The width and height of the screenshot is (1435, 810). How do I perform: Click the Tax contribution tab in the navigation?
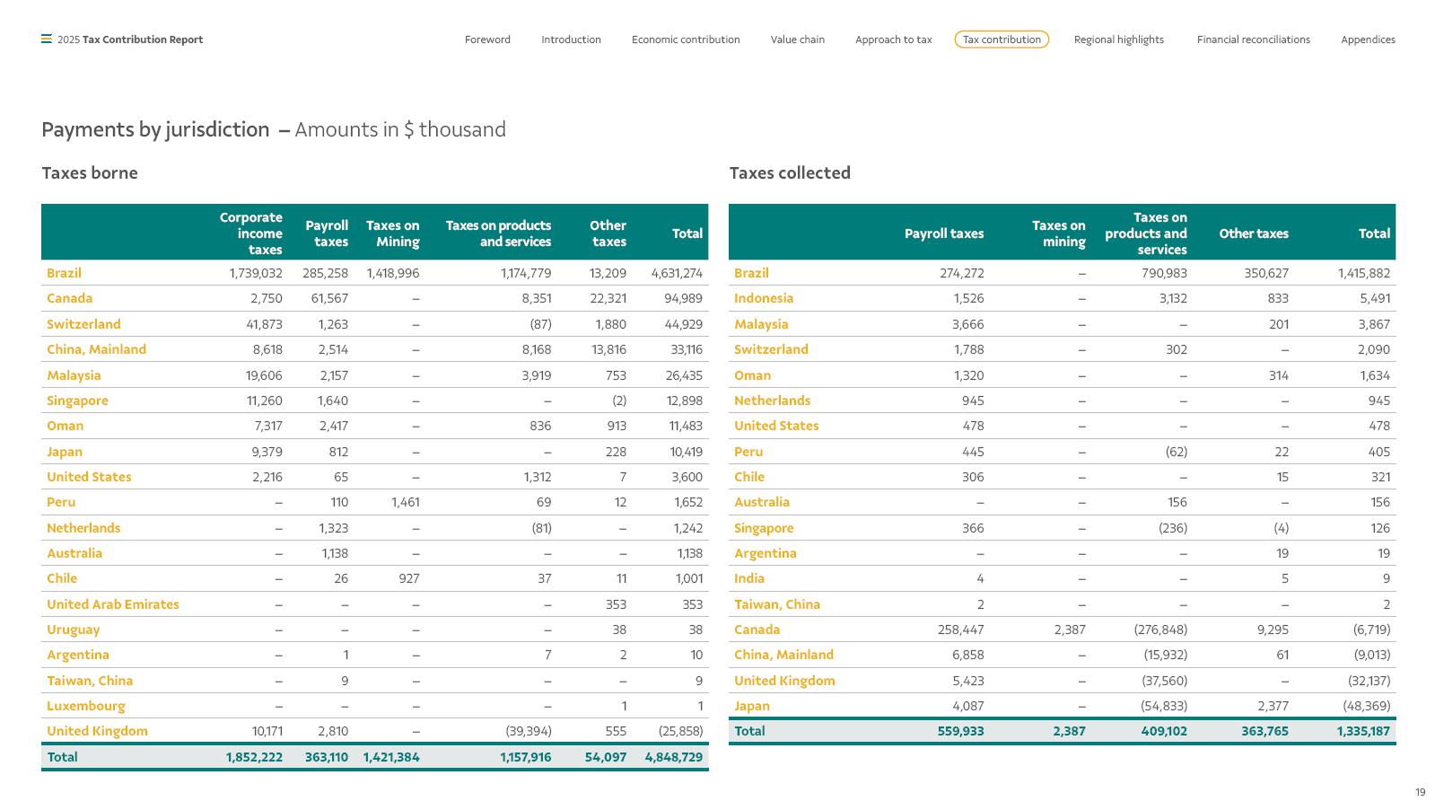[1002, 40]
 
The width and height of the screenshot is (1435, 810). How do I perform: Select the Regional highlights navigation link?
[1118, 40]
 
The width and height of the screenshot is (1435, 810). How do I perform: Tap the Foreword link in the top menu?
[487, 40]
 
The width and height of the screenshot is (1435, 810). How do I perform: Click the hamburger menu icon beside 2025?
[47, 40]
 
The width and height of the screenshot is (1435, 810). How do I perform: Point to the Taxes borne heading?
[90, 173]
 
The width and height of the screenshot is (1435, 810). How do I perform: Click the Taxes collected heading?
[790, 173]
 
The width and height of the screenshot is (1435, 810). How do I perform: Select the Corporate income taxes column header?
[251, 233]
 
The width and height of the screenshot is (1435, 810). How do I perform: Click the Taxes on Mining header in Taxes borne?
[393, 233]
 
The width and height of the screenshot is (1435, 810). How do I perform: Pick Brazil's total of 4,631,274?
[677, 273]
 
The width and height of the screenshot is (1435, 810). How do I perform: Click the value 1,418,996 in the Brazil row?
[393, 273]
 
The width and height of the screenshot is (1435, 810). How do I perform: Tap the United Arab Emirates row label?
[113, 604]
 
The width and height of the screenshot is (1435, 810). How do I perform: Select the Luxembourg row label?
[86, 706]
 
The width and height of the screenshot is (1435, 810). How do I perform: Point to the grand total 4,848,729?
[673, 757]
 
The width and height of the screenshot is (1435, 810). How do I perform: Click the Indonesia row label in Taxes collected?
[764, 298]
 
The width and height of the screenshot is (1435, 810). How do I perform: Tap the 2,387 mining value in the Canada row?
[1070, 630]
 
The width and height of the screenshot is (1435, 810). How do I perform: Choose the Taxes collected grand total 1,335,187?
[1363, 731]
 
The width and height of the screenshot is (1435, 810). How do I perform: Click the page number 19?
[1421, 793]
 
